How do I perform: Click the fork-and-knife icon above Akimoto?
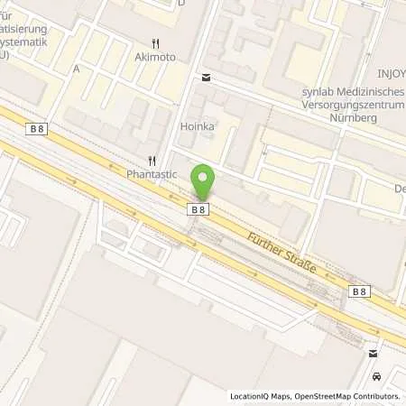click(x=156, y=42)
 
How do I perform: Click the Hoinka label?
click(x=197, y=127)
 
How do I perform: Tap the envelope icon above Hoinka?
click(x=207, y=78)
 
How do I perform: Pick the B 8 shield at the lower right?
click(x=359, y=291)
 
